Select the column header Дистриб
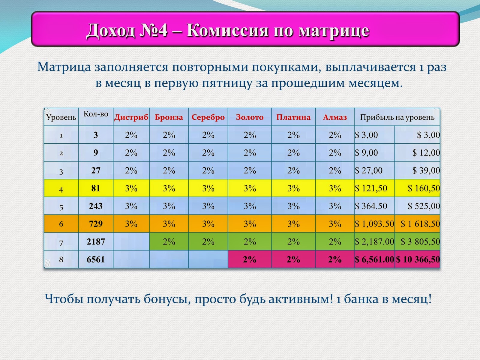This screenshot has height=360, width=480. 131,117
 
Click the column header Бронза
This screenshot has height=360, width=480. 169,117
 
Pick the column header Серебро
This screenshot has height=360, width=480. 208,117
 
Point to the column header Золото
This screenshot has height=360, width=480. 250,117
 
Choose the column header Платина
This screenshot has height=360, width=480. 293,117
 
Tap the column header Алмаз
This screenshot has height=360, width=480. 335,117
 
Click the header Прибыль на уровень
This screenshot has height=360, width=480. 397,117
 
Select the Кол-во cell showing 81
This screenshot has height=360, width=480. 96,188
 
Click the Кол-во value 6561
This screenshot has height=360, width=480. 96,259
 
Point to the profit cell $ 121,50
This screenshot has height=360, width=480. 371,188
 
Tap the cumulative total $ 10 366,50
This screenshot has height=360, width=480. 418,259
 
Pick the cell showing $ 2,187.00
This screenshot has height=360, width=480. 374,242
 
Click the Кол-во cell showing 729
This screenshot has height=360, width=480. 96,224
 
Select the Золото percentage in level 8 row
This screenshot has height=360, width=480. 250,259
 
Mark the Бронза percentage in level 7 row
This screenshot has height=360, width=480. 169,242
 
